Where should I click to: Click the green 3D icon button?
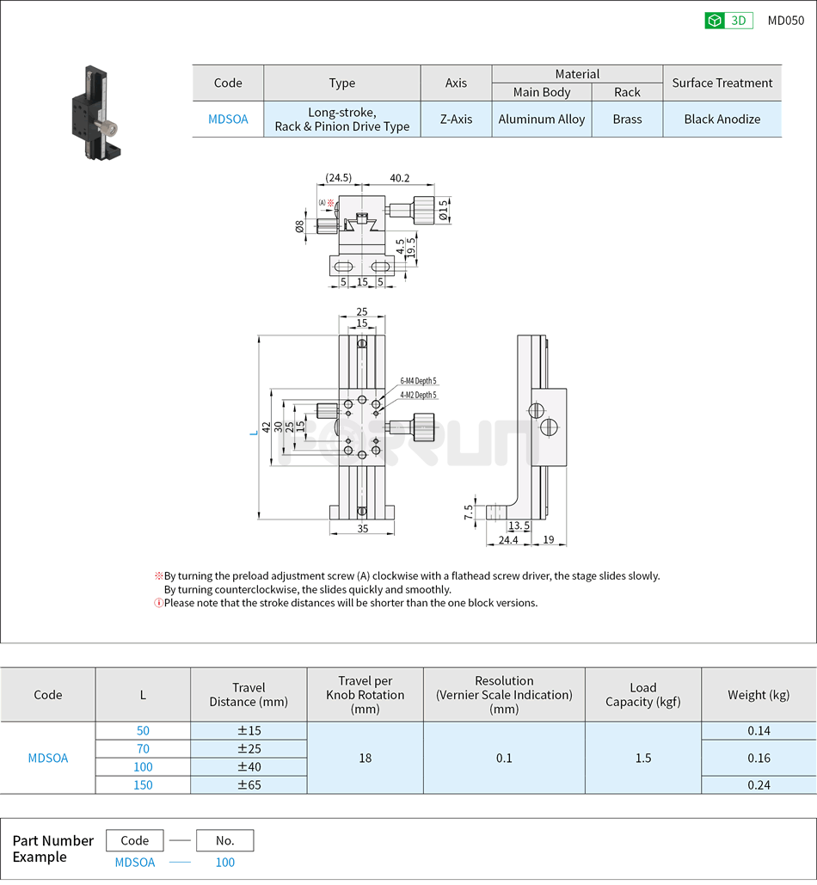728,21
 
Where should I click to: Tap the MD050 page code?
785,21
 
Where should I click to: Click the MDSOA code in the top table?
228,120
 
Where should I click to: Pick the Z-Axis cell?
456,120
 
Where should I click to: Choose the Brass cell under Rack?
627,120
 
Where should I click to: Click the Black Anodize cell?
722,120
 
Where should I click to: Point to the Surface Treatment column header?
722,83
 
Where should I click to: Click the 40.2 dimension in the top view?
399,178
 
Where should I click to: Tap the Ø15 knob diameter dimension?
444,210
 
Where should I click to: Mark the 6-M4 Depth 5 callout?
418,381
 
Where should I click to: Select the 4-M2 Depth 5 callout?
418,395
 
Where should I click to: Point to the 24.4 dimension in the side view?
508,540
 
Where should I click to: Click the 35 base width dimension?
362,529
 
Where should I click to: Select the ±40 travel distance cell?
249,767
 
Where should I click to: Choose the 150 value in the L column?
143,785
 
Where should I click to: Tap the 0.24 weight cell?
759,785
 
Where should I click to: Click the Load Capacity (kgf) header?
642,695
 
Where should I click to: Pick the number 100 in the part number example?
224,863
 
